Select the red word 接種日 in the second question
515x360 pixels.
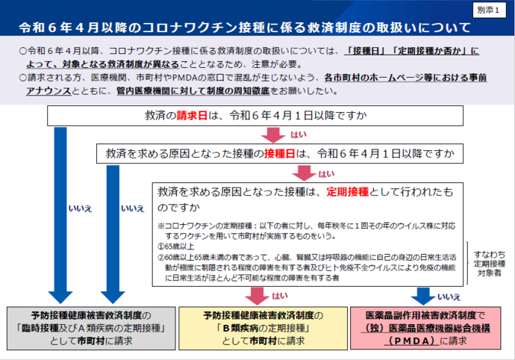pos(279,154)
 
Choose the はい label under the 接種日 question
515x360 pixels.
pos(326,173)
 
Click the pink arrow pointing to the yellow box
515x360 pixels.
pos(257,294)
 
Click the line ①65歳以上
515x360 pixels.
pos(176,245)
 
